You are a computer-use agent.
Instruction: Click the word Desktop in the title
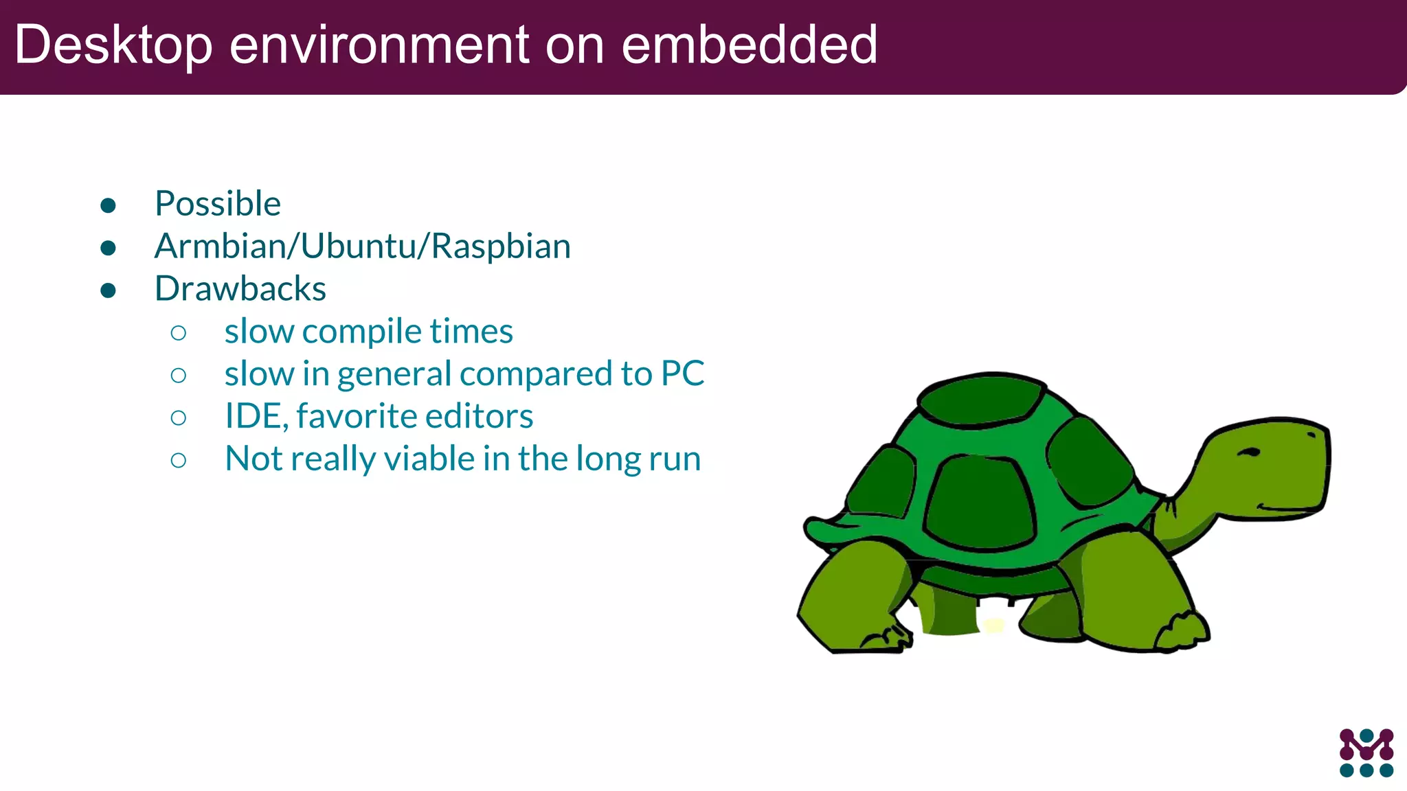coord(113,45)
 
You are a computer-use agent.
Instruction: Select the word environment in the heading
coord(379,45)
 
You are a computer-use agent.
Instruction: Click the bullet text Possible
coord(218,204)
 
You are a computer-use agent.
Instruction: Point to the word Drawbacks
coord(240,289)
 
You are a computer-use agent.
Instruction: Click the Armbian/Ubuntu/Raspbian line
coord(362,247)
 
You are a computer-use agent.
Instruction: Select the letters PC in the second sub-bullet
coord(682,374)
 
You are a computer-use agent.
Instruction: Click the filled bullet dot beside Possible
coord(108,205)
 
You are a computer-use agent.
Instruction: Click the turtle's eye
coord(1250,452)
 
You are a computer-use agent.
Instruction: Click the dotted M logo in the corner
coord(1366,753)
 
